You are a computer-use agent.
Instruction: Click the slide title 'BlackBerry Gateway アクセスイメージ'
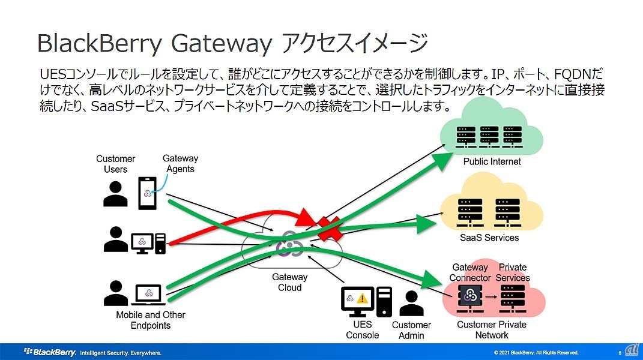tap(232, 44)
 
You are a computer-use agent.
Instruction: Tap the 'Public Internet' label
tap(492, 161)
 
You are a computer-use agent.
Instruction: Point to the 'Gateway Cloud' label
tap(289, 282)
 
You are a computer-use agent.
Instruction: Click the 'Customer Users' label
tap(115, 164)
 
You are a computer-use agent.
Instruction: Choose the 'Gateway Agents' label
tap(180, 163)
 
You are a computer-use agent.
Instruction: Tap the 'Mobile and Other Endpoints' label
tap(151, 320)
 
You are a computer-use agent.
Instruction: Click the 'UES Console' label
tap(362, 329)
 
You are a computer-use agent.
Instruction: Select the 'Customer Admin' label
tap(411, 330)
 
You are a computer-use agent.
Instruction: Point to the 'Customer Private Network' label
tap(491, 329)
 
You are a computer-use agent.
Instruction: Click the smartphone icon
tap(147, 193)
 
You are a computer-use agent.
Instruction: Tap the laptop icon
tap(148, 294)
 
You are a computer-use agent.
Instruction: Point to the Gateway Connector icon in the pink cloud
tap(468, 295)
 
